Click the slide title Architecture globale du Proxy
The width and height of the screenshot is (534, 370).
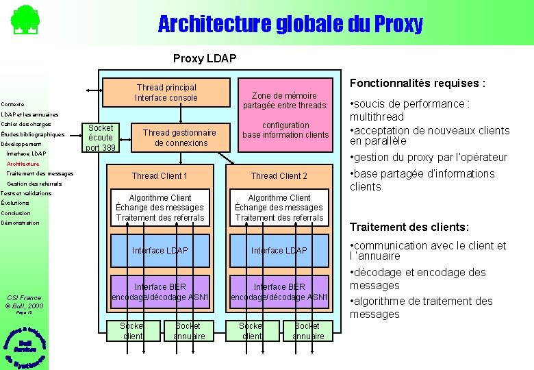(x=290, y=25)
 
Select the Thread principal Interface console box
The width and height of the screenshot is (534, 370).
(x=166, y=92)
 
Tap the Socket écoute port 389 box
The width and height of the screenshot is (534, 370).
(x=101, y=138)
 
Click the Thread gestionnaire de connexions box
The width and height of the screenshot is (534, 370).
(x=179, y=138)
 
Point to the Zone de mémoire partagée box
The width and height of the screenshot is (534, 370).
(x=285, y=100)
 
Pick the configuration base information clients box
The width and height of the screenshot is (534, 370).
(x=285, y=129)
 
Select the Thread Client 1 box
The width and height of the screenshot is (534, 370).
(x=160, y=176)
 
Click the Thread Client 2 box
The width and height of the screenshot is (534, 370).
(x=279, y=176)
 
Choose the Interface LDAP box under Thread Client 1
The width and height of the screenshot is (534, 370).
(x=160, y=250)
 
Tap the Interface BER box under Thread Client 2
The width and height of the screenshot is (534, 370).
(x=279, y=291)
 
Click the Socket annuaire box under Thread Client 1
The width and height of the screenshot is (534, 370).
(x=189, y=331)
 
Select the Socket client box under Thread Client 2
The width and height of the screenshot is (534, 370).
(x=252, y=331)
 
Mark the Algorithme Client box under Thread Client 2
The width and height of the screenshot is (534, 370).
(x=279, y=208)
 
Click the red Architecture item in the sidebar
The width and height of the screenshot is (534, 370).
(x=23, y=164)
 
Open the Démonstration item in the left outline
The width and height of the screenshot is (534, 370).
(x=21, y=223)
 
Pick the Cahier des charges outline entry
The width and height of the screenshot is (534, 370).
(x=26, y=124)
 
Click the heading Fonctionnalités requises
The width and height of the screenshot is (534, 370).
(x=418, y=84)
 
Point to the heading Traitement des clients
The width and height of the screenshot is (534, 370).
(x=409, y=227)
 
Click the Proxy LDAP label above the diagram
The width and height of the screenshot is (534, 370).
(x=204, y=58)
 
